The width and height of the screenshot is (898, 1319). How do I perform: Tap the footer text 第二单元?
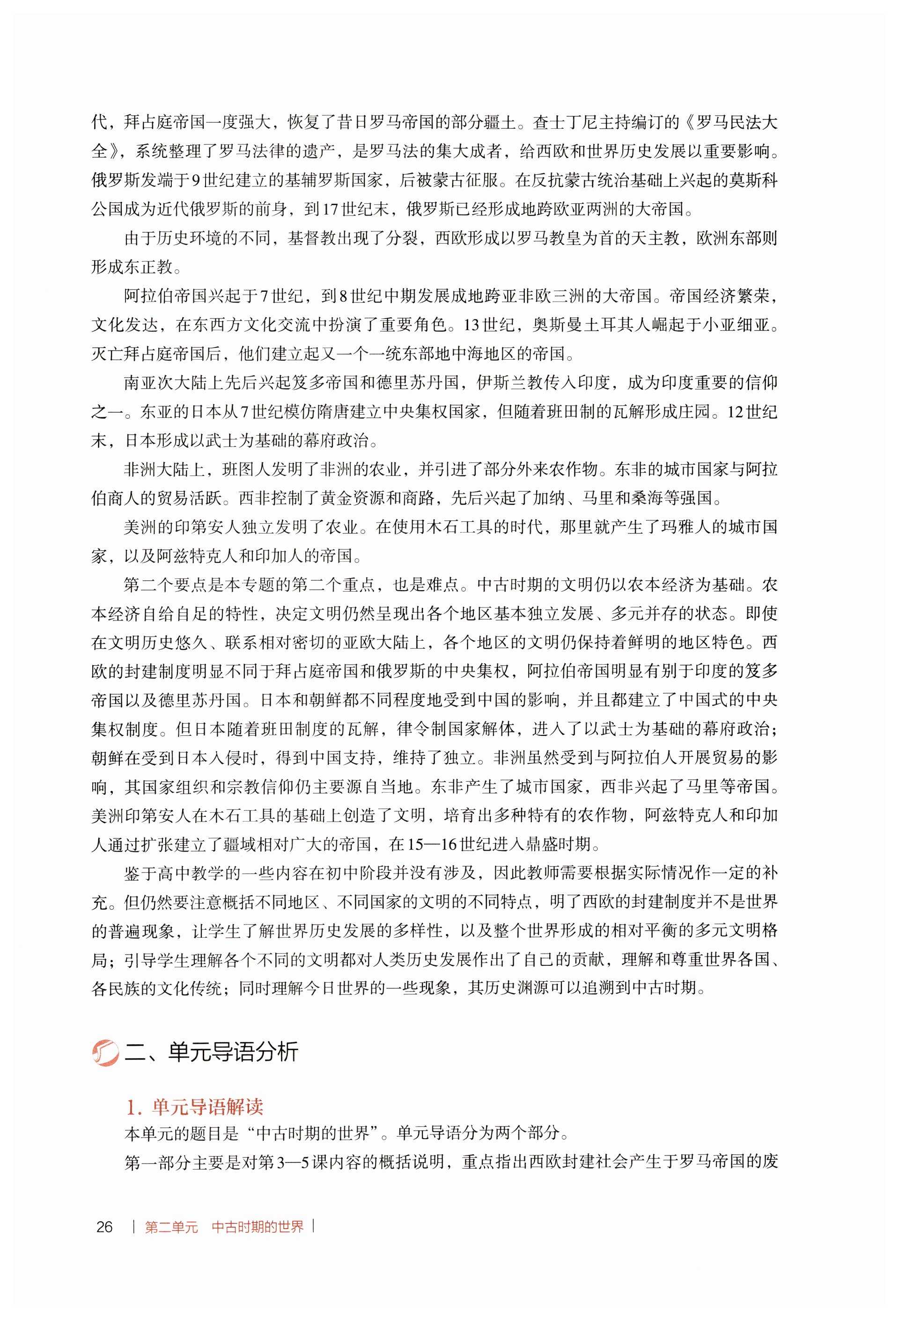[171, 1227]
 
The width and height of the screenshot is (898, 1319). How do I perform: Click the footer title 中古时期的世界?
[258, 1227]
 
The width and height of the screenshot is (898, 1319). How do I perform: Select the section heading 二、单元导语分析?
[211, 1052]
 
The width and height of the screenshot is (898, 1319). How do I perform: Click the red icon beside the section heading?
[105, 1053]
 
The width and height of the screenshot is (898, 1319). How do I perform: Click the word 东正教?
[148, 267]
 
